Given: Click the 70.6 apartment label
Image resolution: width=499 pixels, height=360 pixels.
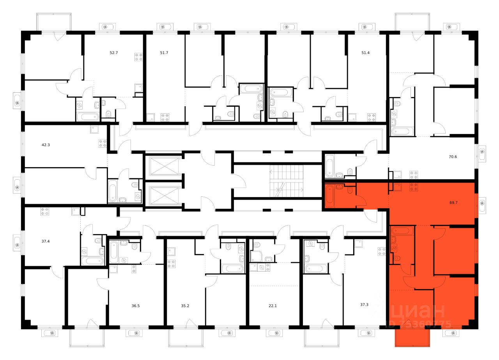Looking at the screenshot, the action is click(453, 157).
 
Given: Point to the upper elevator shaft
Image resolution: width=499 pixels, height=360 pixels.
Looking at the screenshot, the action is click(163, 166).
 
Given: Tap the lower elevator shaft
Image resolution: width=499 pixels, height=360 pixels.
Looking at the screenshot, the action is click(163, 194).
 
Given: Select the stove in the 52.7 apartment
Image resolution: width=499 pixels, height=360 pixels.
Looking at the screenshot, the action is click(139, 57).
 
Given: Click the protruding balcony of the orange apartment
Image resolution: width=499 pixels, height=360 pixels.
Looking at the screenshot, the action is click(412, 337).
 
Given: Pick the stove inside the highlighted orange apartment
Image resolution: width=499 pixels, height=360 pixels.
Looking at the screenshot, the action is click(414, 187).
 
